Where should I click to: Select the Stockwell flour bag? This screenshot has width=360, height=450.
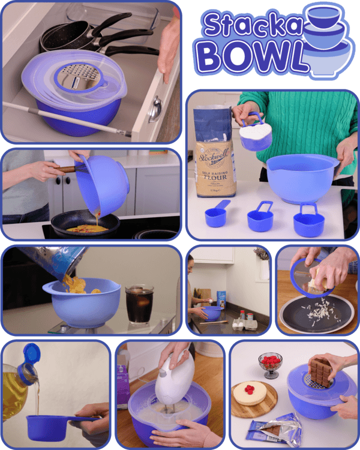coord(214,156)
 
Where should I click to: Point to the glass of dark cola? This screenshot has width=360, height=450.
coord(139,304)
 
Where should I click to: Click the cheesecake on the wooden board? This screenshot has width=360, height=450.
coord(254,393)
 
